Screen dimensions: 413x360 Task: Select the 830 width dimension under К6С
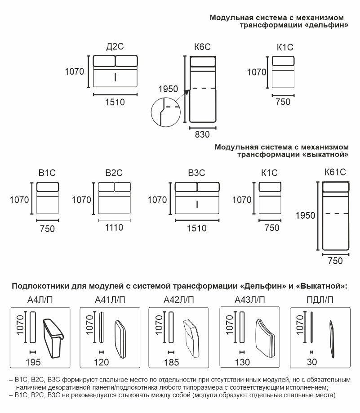[x=202, y=134]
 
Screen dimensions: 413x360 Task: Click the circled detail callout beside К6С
[x=164, y=112]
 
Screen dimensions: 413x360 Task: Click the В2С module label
[x=114, y=172]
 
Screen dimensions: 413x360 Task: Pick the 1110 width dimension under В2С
[x=114, y=228]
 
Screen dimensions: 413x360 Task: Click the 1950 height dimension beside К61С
[x=306, y=215]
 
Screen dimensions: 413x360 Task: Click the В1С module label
[x=47, y=172]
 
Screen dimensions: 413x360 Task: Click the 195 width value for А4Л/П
[x=33, y=362]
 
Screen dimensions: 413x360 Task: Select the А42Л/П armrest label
[x=179, y=299]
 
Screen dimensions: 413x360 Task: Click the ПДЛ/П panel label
[x=320, y=299]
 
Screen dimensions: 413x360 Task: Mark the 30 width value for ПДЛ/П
[x=311, y=362]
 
